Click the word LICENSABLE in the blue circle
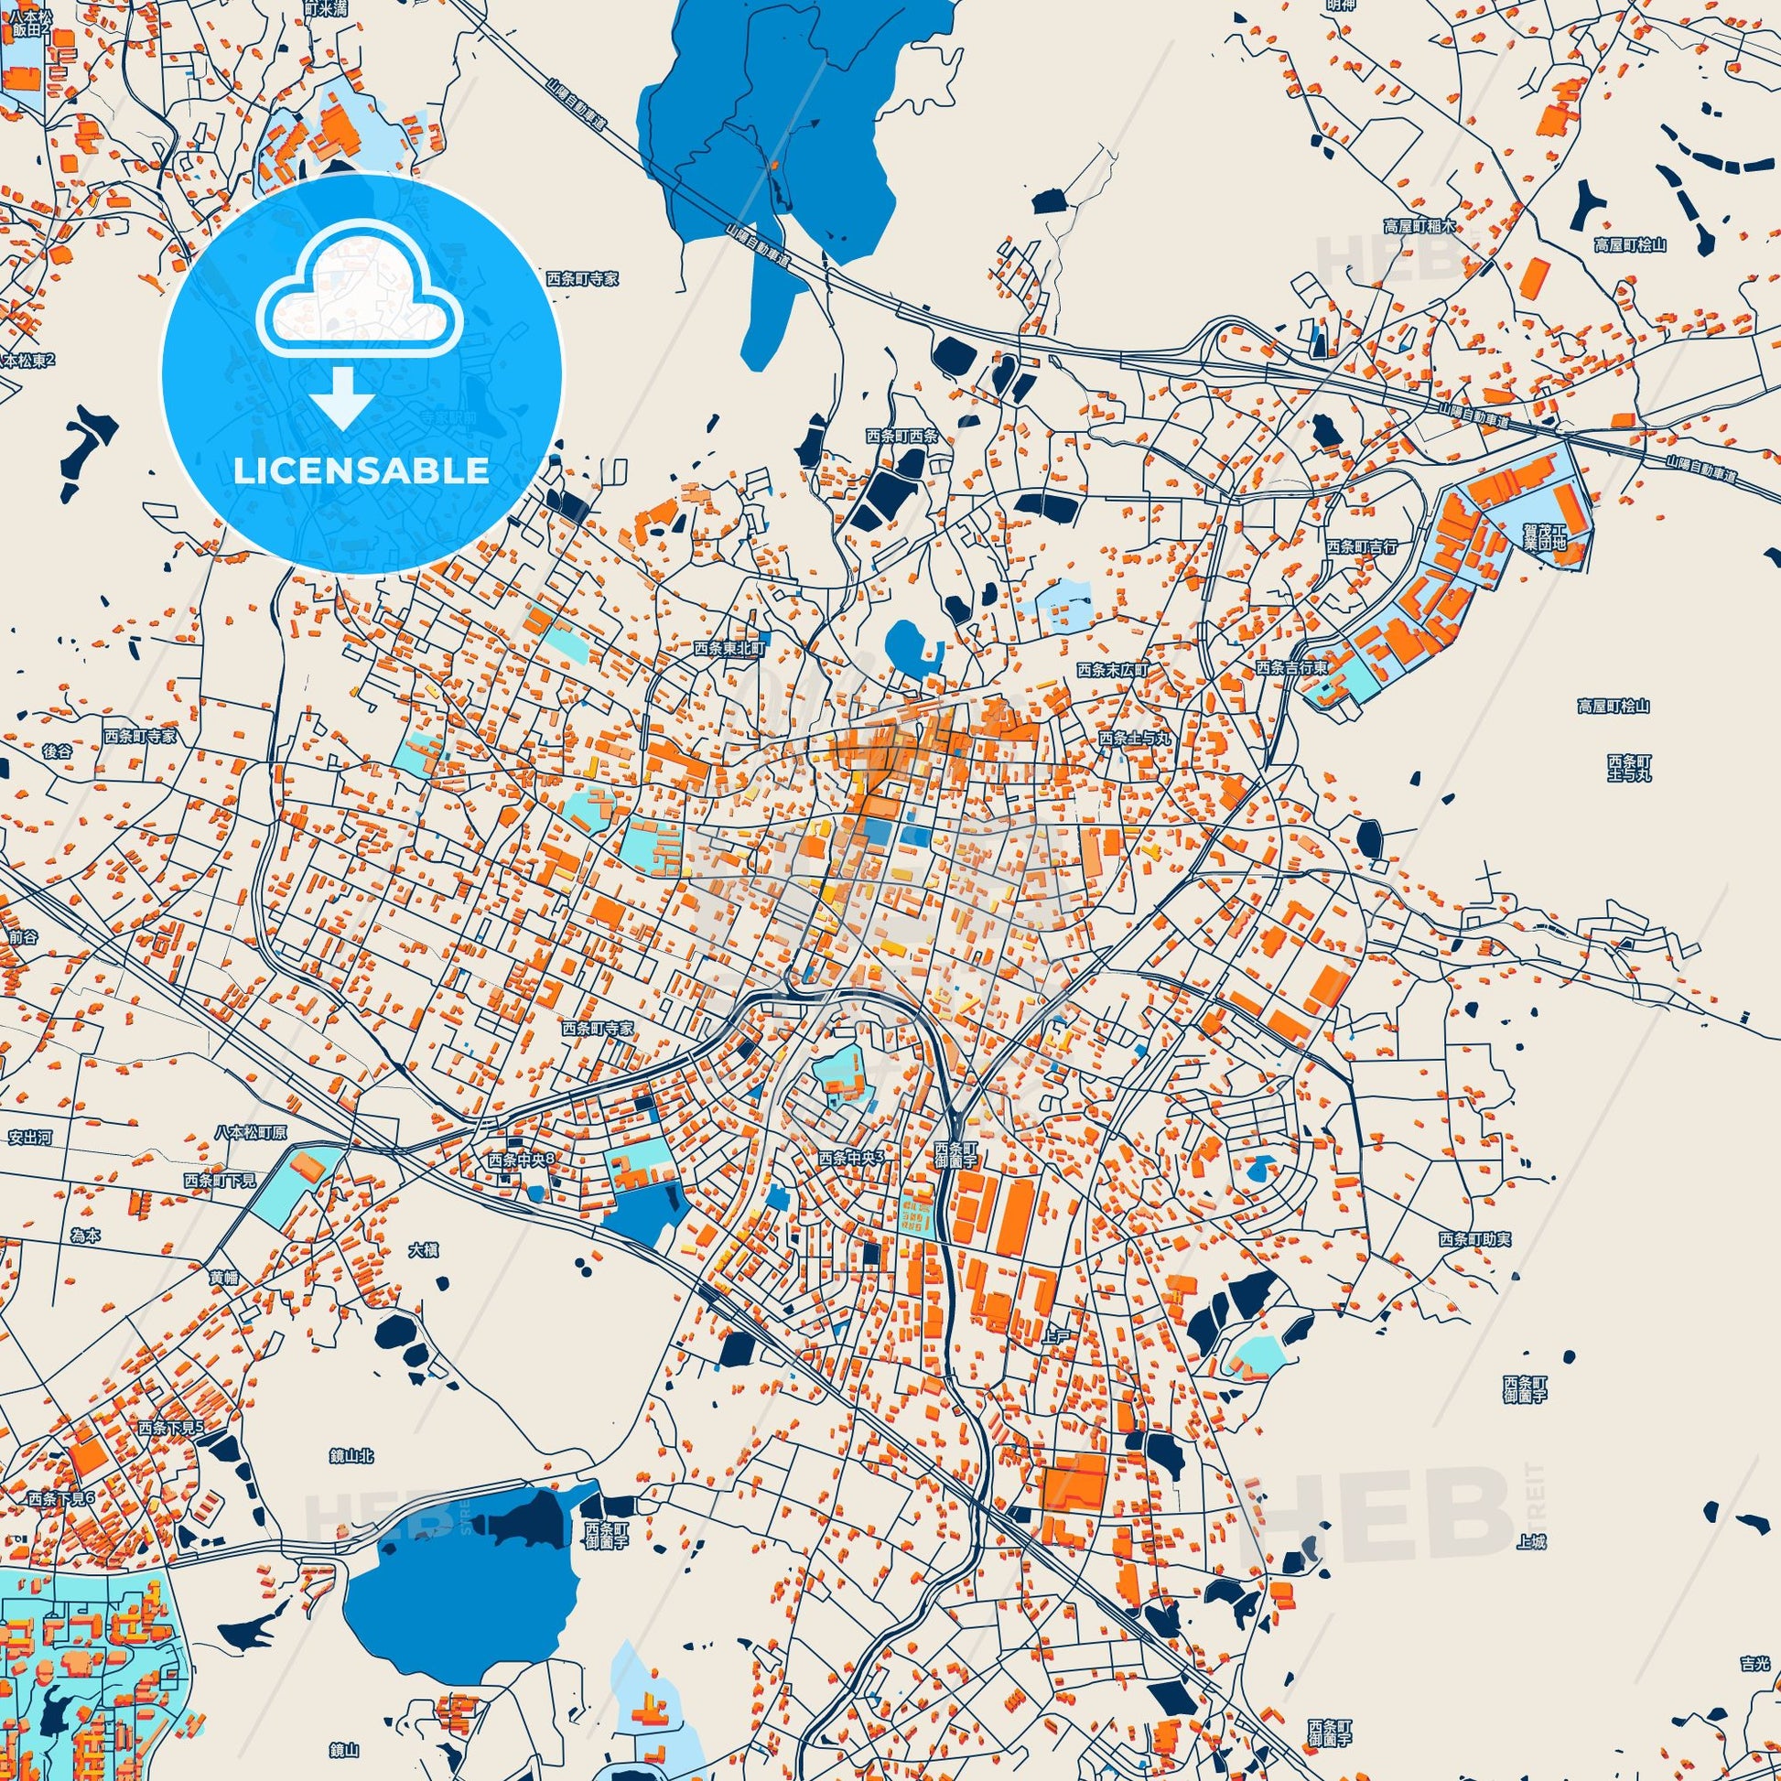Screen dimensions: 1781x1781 click(x=361, y=470)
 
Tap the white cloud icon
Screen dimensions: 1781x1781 click(x=361, y=305)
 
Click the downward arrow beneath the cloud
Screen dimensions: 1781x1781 click(x=341, y=397)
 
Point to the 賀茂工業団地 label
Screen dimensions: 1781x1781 click(x=1545, y=536)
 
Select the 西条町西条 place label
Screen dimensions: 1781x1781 click(x=901, y=436)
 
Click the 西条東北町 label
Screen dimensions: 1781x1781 click(x=730, y=649)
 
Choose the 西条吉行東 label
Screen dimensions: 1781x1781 click(x=1292, y=667)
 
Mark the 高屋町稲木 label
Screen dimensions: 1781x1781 click(x=1419, y=226)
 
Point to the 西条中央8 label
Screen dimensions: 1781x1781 click(x=523, y=1160)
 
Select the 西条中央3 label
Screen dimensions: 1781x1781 click(x=851, y=1158)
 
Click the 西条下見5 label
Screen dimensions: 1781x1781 click(x=169, y=1427)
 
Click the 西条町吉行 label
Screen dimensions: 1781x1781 click(x=1362, y=546)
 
